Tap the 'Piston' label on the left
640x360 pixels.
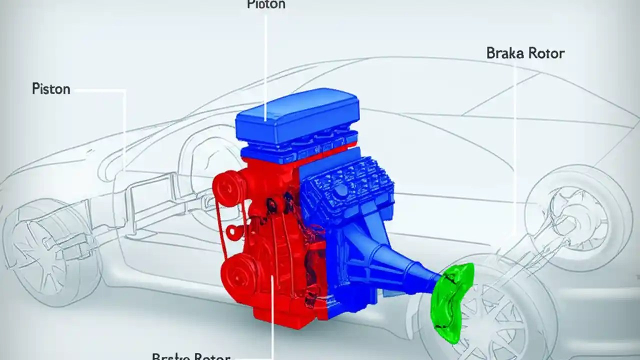[x=51, y=89]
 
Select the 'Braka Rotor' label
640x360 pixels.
[x=525, y=53]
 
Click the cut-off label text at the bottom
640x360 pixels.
[x=191, y=356]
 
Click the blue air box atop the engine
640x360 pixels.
[x=297, y=114]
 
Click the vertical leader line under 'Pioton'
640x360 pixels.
[x=265, y=60]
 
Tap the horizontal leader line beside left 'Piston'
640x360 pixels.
[x=97, y=90]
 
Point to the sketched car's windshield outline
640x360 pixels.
[x=400, y=90]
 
